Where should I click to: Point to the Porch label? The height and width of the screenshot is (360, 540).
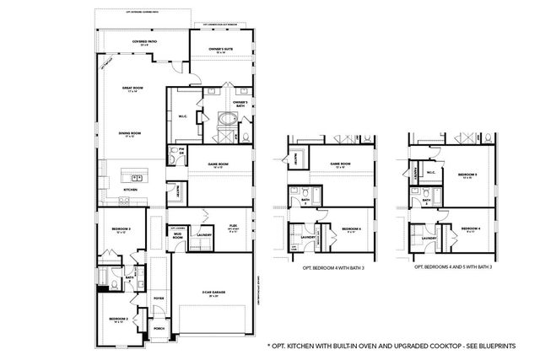point(158,329)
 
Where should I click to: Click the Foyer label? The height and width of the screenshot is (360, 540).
point(158,298)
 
